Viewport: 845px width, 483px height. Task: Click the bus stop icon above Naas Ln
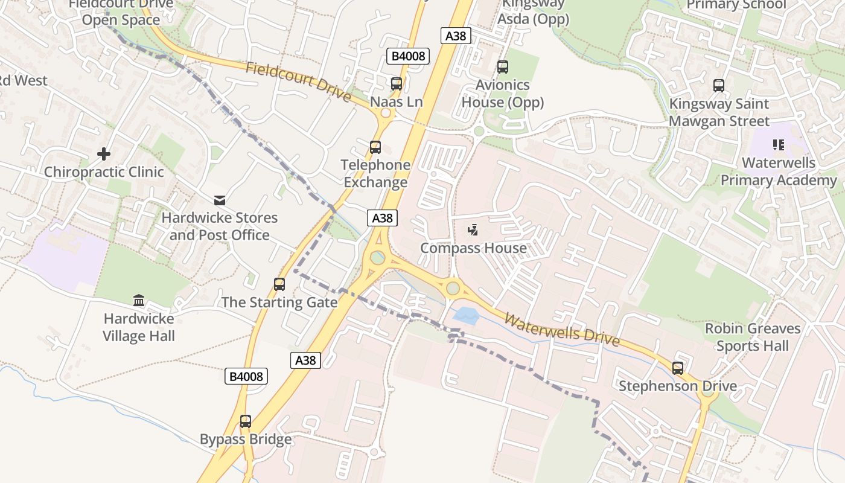[x=396, y=84]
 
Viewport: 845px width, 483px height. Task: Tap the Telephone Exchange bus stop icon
[x=375, y=147]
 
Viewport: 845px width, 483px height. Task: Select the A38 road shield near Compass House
[x=382, y=218]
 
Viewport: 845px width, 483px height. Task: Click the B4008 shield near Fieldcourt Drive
[x=407, y=57]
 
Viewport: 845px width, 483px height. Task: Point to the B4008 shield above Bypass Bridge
[x=246, y=377]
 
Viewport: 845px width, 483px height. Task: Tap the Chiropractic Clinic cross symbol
[x=104, y=154]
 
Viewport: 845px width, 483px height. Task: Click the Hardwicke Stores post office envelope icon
[x=219, y=200]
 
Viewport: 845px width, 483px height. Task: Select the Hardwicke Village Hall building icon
[x=139, y=300]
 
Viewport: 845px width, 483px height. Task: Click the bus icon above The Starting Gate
[x=279, y=284]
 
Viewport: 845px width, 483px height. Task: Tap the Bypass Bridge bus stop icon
[x=245, y=421]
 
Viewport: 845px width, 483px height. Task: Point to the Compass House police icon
[x=473, y=230]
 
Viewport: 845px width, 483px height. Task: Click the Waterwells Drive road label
[x=561, y=330]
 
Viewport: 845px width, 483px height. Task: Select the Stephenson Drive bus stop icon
[x=677, y=368]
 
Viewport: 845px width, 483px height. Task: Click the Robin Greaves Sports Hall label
[x=753, y=337]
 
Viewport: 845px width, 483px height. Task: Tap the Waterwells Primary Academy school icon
[x=778, y=145]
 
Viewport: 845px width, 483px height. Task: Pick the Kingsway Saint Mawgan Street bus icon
[x=718, y=86]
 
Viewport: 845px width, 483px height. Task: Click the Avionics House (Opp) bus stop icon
[x=502, y=67]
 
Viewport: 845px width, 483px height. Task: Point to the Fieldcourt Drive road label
[x=298, y=81]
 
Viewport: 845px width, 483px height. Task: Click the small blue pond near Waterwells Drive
[x=464, y=315]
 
